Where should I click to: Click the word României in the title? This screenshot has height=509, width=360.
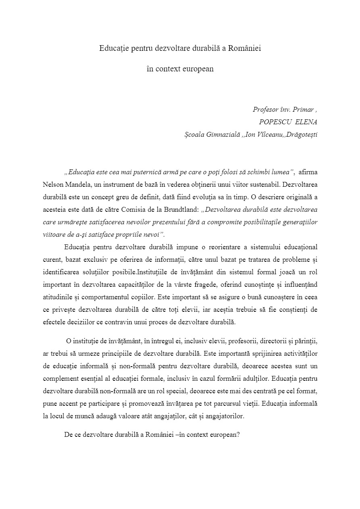(245, 48)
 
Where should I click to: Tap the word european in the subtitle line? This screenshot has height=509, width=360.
(199, 69)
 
